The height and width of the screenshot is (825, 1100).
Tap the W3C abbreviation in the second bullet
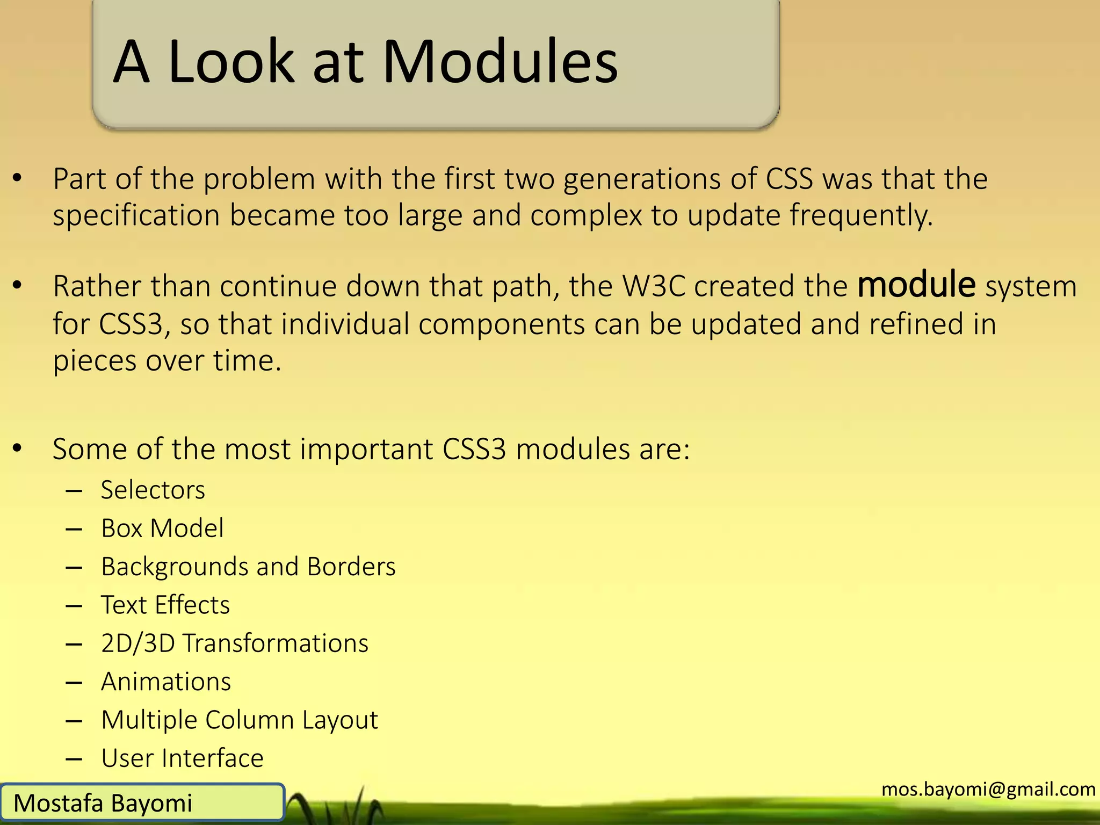pos(654,286)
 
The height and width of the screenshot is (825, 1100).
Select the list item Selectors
pos(153,490)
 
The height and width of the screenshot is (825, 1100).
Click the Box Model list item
pos(162,528)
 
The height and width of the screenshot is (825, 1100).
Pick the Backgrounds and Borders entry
pos(248,567)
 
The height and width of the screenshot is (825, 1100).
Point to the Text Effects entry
pos(165,605)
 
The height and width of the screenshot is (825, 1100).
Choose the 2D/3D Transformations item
pos(234,643)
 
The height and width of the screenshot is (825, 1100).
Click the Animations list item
pos(165,682)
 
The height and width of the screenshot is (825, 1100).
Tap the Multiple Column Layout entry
pos(239,720)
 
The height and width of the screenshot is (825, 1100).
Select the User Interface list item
pos(182,758)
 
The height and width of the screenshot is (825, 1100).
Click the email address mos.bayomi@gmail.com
pos(988,789)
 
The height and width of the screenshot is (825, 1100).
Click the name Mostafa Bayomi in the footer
pos(103,803)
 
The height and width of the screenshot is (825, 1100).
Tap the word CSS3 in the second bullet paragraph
pos(131,324)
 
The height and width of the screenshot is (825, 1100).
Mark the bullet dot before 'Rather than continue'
pos(17,286)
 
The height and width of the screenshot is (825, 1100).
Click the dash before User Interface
pos(74,759)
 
